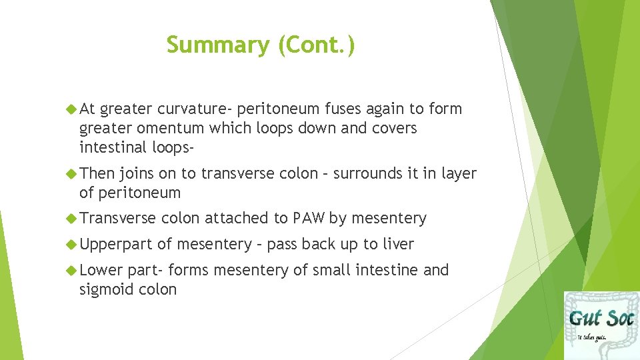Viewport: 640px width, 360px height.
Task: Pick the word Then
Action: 97,174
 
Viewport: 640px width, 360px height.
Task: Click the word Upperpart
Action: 115,245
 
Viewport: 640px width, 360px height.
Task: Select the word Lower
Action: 101,270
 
